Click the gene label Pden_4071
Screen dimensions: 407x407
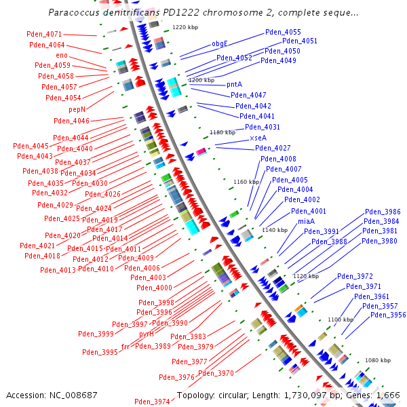[x=44, y=34]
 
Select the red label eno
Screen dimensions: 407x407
[x=62, y=55]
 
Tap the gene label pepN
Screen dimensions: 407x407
[x=77, y=109]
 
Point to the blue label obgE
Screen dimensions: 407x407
[x=220, y=43]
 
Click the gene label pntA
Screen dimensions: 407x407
[x=234, y=84]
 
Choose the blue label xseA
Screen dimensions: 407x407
[x=258, y=138]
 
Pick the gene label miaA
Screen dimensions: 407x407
[x=306, y=221]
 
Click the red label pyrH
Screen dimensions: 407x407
[x=147, y=334]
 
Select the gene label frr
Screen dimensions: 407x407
[x=125, y=347]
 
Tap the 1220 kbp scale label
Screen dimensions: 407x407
[x=185, y=28]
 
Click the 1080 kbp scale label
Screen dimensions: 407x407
[x=379, y=360]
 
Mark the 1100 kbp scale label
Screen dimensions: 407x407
[x=341, y=319]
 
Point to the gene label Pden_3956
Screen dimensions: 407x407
[x=388, y=315]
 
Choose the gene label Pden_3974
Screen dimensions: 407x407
[x=152, y=402]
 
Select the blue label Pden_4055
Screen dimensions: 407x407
[x=283, y=32]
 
